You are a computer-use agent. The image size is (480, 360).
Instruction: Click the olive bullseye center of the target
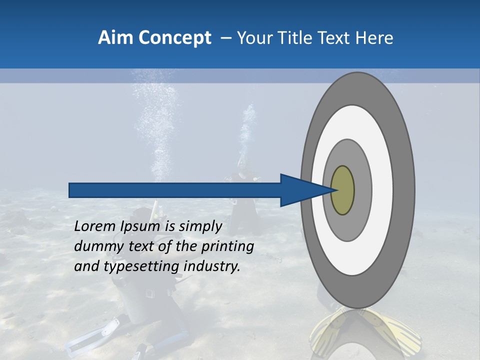point(342,190)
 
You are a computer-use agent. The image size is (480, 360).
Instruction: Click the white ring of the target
point(382,190)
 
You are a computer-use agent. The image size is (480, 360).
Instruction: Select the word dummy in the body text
point(95,246)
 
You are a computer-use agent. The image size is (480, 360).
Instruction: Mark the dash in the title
point(226,38)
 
